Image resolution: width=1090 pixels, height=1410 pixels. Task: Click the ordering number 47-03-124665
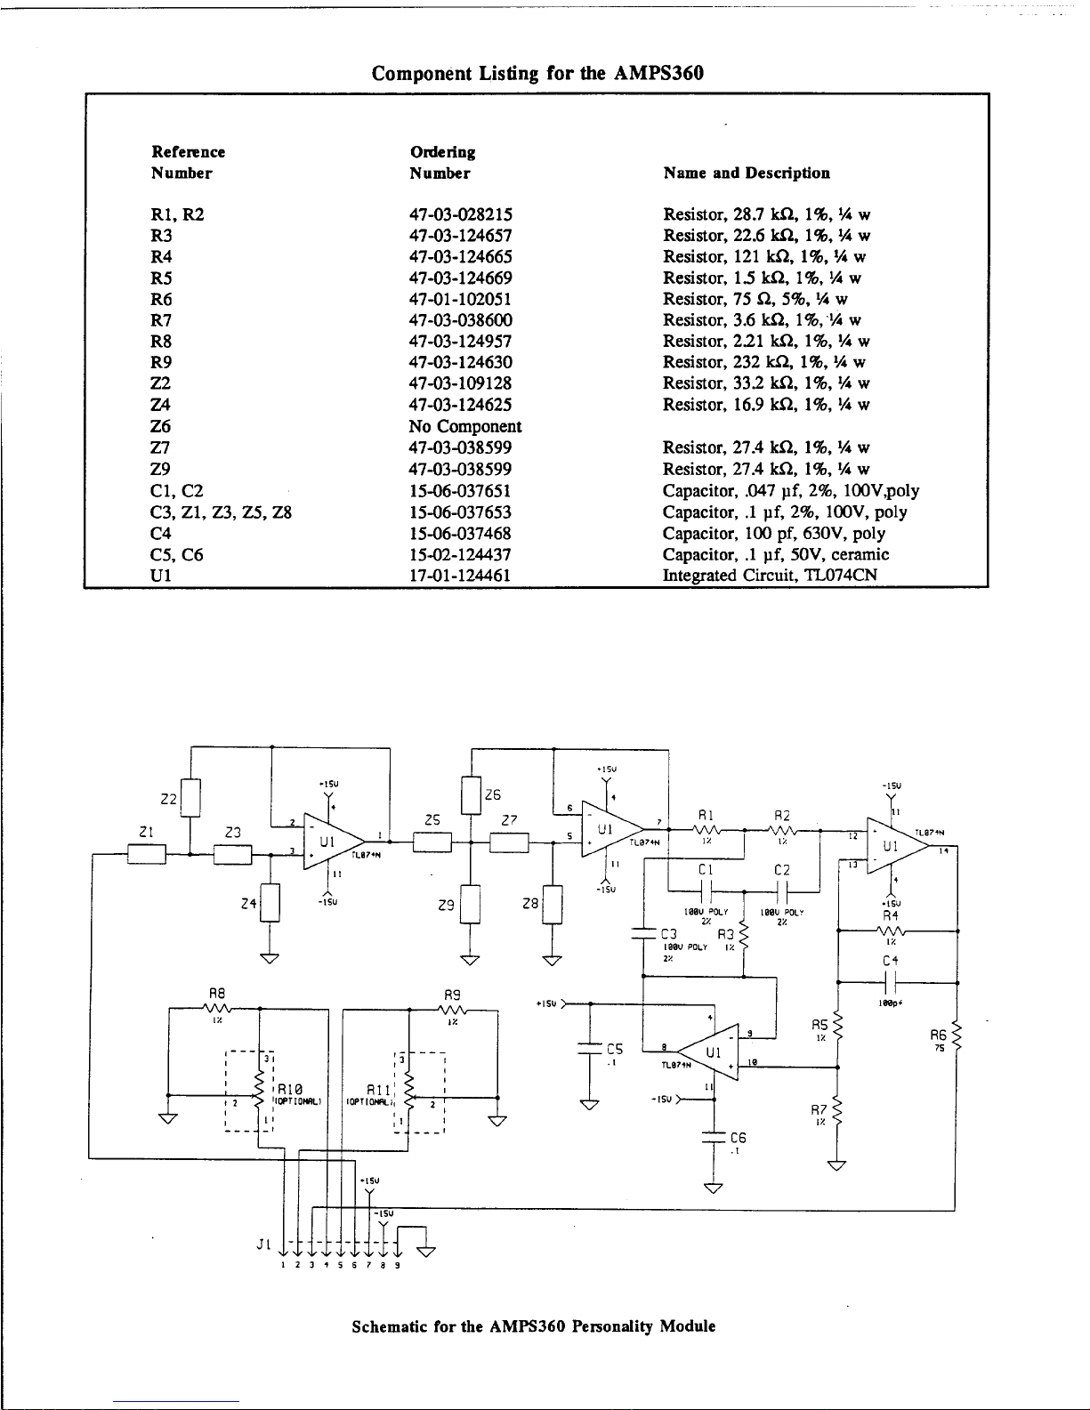click(460, 257)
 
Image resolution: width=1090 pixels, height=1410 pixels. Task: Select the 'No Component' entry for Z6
click(465, 427)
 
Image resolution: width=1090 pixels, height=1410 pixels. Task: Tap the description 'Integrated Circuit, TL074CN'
click(770, 576)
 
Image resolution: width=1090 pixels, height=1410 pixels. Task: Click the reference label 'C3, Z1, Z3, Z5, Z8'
click(222, 512)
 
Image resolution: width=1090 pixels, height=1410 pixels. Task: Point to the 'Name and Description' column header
click(747, 173)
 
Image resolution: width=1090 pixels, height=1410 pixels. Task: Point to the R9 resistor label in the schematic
click(452, 994)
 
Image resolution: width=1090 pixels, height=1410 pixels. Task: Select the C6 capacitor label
click(738, 1138)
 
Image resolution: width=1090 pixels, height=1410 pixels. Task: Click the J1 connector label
click(262, 1245)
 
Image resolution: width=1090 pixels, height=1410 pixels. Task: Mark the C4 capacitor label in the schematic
click(891, 962)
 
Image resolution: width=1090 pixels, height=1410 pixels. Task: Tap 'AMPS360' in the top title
click(658, 73)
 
